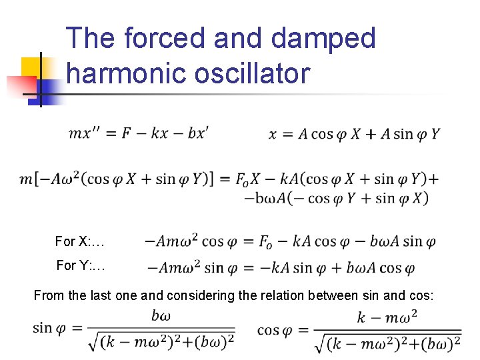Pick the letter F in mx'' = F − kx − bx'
pyautogui.click(x=127, y=133)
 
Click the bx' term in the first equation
pyautogui.click(x=198, y=133)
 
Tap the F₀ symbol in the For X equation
pyautogui.click(x=268, y=241)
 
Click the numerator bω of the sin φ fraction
pyautogui.click(x=161, y=315)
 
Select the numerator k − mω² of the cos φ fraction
pyautogui.click(x=387, y=317)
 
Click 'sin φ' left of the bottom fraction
pyautogui.click(x=51, y=328)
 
